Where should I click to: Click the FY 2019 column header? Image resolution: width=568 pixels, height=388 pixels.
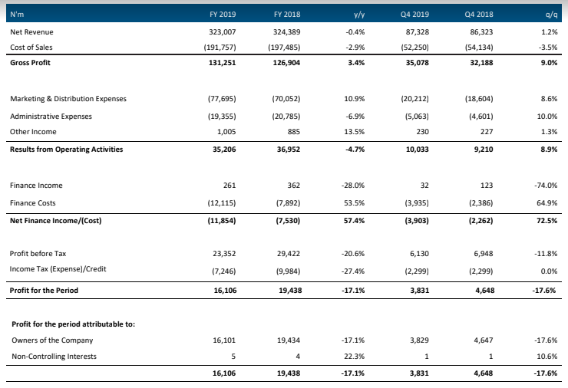(223, 14)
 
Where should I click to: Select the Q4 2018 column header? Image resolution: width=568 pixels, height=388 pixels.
(479, 14)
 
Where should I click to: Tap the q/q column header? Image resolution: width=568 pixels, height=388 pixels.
(551, 15)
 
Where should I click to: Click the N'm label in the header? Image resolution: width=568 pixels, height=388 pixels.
(17, 14)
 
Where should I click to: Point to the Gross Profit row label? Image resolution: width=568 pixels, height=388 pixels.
(30, 63)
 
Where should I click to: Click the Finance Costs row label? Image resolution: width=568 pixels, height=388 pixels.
(32, 203)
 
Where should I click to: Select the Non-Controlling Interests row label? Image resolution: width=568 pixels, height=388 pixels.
(54, 356)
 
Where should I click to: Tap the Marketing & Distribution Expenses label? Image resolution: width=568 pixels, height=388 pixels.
(68, 99)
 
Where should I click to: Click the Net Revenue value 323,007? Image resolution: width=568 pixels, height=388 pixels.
(222, 32)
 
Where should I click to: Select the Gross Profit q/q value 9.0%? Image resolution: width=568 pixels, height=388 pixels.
(549, 63)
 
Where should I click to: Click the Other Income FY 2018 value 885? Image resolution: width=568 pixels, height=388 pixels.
(293, 132)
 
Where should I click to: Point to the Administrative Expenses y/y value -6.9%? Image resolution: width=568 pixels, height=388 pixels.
(355, 117)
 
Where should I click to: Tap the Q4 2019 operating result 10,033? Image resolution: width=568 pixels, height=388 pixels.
(418, 149)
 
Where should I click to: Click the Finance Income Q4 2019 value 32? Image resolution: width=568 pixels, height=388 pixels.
(424, 186)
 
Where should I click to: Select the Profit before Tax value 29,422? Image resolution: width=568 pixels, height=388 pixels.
(289, 253)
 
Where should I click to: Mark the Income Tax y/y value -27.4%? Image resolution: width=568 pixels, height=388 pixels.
(353, 271)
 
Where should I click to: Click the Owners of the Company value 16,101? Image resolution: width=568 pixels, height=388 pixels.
(224, 340)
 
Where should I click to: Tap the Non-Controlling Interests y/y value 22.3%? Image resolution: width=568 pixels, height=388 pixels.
(355, 356)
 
